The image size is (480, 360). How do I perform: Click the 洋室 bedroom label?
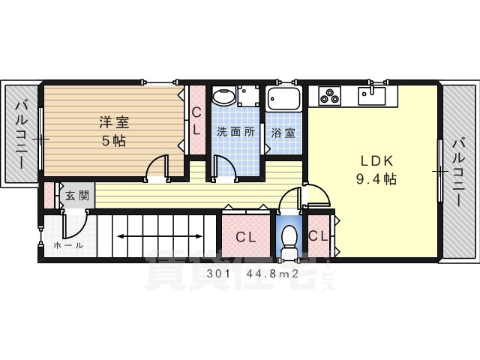114,122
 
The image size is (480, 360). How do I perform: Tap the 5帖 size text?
114,141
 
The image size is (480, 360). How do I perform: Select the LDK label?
376,161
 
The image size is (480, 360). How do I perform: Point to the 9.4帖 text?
376,178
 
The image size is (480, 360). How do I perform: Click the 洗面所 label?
235,132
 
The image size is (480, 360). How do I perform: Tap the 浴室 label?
283,133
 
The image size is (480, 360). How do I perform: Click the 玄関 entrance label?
77,195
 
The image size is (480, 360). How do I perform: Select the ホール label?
68,245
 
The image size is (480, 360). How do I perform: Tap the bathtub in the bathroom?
283,98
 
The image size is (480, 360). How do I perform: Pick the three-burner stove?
329,95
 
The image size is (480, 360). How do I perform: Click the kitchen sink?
372,96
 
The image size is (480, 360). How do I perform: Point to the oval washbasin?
224,96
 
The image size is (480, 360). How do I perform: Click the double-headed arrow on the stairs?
160,236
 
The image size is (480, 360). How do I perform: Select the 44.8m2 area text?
272,274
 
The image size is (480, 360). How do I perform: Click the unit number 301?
218,274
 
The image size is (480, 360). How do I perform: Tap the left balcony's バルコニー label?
22,136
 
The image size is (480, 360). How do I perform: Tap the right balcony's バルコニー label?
459,172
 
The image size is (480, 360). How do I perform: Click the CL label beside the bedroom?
196,121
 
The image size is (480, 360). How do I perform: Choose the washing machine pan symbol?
248,96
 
